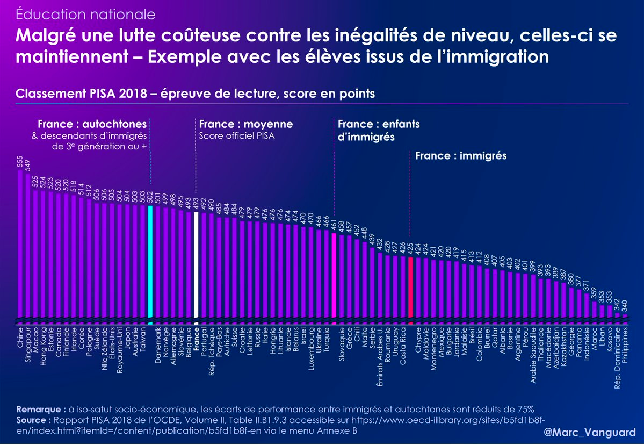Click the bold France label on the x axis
(197, 337)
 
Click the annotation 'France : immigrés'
(461, 156)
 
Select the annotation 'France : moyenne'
(245, 124)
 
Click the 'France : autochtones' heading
(92, 124)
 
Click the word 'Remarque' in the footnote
(39, 409)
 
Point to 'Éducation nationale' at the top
(85, 15)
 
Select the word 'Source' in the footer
(31, 420)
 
